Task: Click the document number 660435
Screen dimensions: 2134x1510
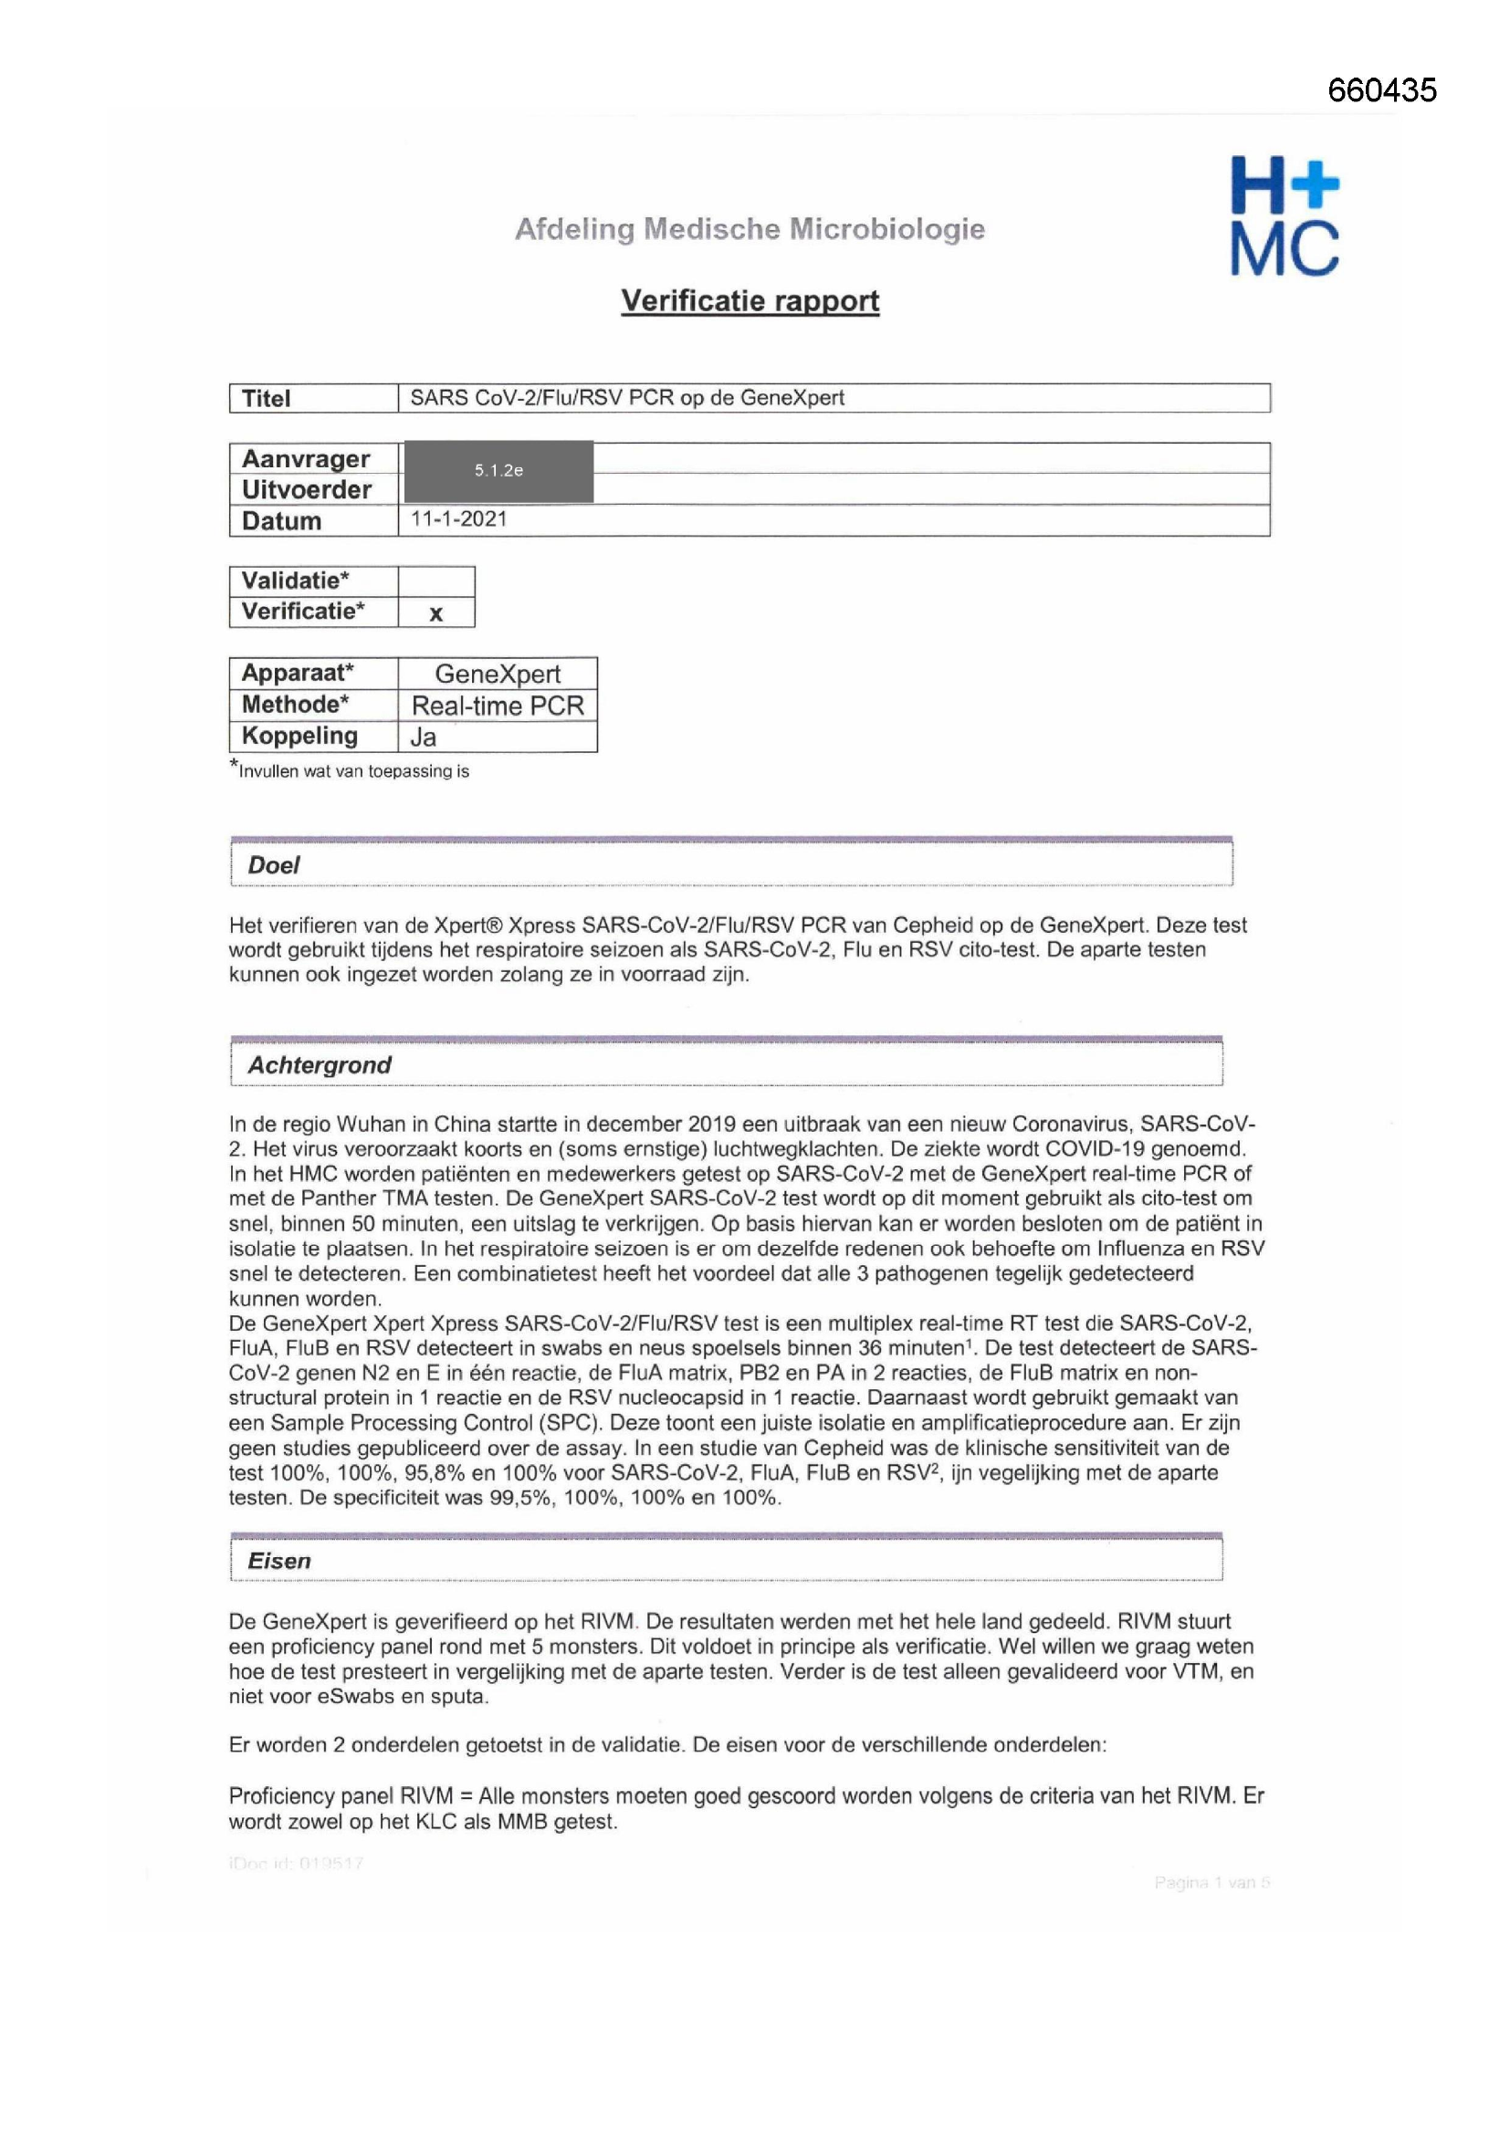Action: tap(1380, 90)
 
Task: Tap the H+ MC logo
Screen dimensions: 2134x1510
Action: tap(1285, 215)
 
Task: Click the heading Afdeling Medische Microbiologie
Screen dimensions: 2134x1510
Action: tap(750, 228)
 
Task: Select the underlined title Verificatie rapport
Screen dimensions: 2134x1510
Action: tap(750, 300)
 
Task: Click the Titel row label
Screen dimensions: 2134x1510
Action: tap(266, 399)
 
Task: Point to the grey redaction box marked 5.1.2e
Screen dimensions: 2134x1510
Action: tap(498, 470)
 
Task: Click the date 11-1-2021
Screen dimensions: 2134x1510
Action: tap(458, 519)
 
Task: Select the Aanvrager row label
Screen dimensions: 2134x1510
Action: tap(305, 459)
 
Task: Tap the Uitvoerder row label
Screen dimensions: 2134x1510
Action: tap(306, 490)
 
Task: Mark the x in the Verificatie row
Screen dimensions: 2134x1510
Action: tap(435, 613)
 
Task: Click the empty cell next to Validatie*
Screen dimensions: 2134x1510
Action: tap(435, 581)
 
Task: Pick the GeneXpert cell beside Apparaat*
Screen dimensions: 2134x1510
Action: tap(498, 674)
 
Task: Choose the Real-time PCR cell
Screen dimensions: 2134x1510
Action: tap(498, 706)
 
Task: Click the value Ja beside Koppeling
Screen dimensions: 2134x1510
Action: tap(423, 737)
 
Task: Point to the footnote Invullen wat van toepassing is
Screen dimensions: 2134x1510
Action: tap(353, 771)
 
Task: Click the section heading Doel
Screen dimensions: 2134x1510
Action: tap(273, 865)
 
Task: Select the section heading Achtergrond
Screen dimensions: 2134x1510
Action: tap(319, 1065)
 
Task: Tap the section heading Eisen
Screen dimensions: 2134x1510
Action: tap(279, 1561)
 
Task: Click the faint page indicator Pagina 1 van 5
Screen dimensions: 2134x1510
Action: tap(1211, 1882)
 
